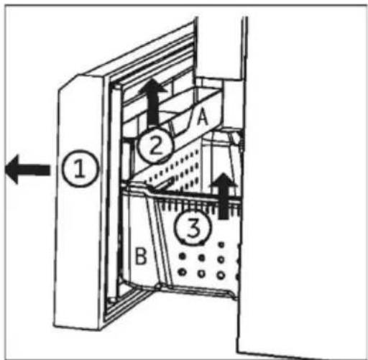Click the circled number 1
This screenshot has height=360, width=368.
tap(80, 169)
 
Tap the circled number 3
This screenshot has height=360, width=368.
tap(193, 227)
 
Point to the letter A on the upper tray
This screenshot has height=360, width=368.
tap(203, 116)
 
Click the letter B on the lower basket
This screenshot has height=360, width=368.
tap(141, 256)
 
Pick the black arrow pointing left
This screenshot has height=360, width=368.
tap(28, 170)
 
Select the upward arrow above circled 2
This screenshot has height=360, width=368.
tap(152, 102)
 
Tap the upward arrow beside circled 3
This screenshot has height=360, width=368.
tap(224, 195)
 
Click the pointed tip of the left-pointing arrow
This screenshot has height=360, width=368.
tap(5, 170)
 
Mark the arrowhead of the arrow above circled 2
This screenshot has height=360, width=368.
tap(152, 86)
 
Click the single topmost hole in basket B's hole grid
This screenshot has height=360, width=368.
tap(221, 245)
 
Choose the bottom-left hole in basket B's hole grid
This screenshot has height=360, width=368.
tap(183, 272)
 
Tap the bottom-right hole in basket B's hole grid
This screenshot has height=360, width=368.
tap(221, 274)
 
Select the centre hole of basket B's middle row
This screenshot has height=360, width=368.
tap(202, 258)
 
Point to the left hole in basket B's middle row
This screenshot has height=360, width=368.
tap(183, 257)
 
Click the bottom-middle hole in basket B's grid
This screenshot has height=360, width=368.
tap(201, 274)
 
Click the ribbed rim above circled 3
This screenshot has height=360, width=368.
tap(196, 204)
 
